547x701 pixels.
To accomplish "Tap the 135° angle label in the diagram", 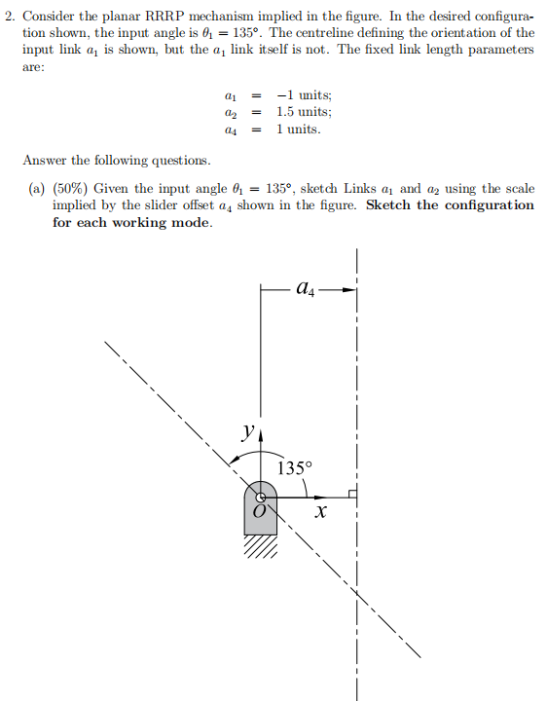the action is pos(296,467).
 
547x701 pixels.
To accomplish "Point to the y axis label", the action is pos(250,429).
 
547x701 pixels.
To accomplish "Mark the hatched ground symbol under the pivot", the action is pos(260,547).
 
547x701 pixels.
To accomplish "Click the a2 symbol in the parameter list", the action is pos(230,113).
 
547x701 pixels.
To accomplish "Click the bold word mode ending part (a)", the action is pos(190,222).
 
